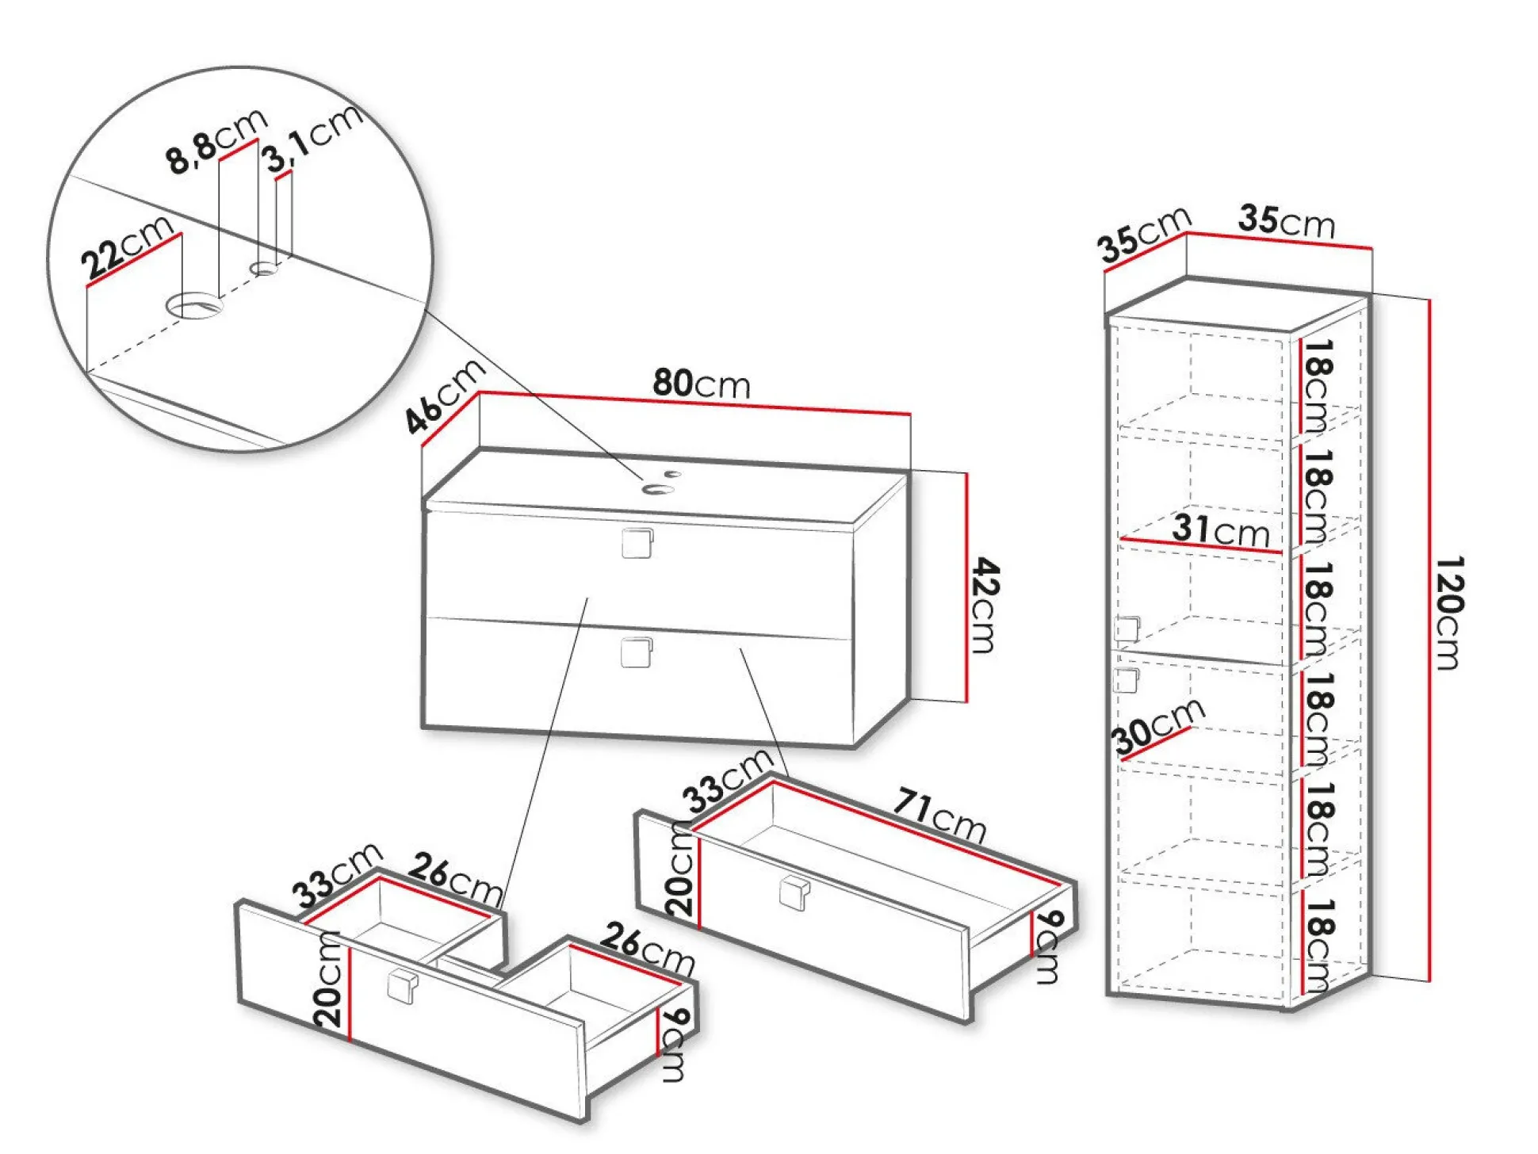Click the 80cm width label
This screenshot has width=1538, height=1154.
click(702, 384)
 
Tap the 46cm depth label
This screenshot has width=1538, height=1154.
click(445, 395)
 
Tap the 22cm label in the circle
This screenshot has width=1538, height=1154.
click(127, 248)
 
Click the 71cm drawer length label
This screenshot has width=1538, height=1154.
click(940, 814)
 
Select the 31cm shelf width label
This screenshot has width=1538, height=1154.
click(1221, 529)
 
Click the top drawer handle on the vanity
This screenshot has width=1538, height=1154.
click(637, 543)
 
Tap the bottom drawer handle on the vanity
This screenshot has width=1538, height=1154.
click(637, 652)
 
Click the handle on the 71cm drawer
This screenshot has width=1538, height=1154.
click(794, 893)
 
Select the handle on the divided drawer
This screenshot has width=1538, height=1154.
click(403, 985)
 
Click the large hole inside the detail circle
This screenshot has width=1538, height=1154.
click(193, 305)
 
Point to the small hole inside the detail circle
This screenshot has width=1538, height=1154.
click(265, 269)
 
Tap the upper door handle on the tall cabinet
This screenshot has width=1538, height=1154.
click(1127, 629)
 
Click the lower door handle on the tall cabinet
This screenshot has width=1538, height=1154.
click(1126, 680)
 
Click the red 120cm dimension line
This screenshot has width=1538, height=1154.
click(1429, 640)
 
